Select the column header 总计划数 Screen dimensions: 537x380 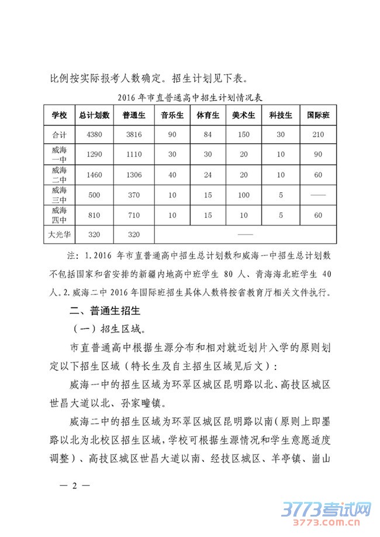(94, 115)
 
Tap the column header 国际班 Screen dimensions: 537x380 (318, 115)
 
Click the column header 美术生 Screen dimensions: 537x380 (244, 115)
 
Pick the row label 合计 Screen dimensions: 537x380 (59, 135)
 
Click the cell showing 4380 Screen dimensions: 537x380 (94, 135)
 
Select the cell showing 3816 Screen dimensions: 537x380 (134, 135)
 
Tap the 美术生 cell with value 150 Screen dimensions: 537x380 (244, 135)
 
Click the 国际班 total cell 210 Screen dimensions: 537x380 (318, 135)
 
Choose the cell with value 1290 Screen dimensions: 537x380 (94, 155)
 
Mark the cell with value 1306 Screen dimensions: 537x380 (134, 175)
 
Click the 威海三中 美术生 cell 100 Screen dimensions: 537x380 (244, 195)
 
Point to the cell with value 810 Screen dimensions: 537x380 (94, 215)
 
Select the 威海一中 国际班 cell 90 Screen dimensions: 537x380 (318, 155)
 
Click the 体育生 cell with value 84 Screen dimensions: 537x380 (208, 135)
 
